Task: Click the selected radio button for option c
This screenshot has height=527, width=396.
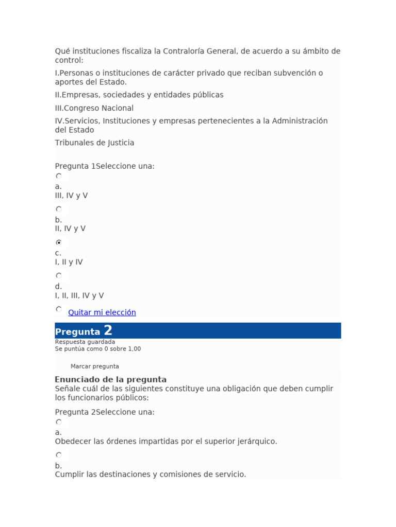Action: pyautogui.click(x=59, y=242)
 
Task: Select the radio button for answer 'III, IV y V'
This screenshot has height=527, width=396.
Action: pyautogui.click(x=59, y=176)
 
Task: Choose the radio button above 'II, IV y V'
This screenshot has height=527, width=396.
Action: pyautogui.click(x=59, y=209)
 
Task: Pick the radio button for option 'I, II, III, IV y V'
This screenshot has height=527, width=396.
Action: pyautogui.click(x=59, y=275)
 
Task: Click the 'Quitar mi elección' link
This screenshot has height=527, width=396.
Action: pyautogui.click(x=102, y=312)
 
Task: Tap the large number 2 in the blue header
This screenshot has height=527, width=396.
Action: pyautogui.click(x=108, y=330)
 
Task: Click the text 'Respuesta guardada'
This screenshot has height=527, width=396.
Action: pyautogui.click(x=85, y=342)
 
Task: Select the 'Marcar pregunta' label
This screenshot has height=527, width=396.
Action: pyautogui.click(x=95, y=366)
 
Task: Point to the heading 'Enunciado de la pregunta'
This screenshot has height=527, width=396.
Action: pyautogui.click(x=111, y=380)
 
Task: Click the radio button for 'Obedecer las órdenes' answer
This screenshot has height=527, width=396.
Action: pyautogui.click(x=59, y=422)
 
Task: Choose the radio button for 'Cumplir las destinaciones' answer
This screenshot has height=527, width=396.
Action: pyautogui.click(x=59, y=455)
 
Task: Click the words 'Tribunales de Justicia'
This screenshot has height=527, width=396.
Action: pyautogui.click(x=94, y=143)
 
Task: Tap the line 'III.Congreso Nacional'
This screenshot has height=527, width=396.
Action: pyautogui.click(x=94, y=108)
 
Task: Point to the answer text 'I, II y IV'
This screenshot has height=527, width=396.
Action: pyautogui.click(x=69, y=262)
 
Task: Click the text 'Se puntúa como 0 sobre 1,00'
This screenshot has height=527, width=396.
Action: pyautogui.click(x=98, y=349)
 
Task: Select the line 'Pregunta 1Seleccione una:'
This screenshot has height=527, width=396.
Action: pyautogui.click(x=105, y=166)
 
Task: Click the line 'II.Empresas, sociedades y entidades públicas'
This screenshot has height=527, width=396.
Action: pyautogui.click(x=139, y=95)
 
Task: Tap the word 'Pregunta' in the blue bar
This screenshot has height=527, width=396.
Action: pyautogui.click(x=77, y=332)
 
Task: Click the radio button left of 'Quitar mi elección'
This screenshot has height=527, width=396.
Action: pyautogui.click(x=59, y=309)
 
